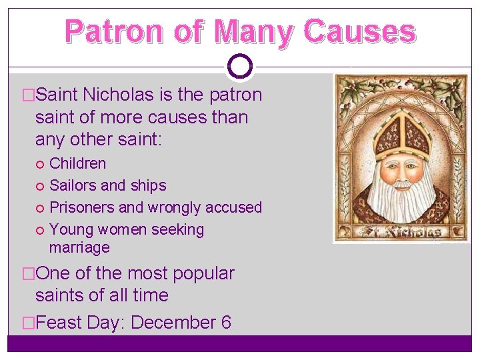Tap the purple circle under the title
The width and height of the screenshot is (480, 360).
click(x=240, y=66)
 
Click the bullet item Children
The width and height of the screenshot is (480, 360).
click(x=78, y=163)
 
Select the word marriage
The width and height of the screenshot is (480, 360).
click(x=79, y=247)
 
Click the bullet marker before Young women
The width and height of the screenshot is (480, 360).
click(x=42, y=230)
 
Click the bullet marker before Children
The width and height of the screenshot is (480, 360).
click(x=42, y=164)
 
